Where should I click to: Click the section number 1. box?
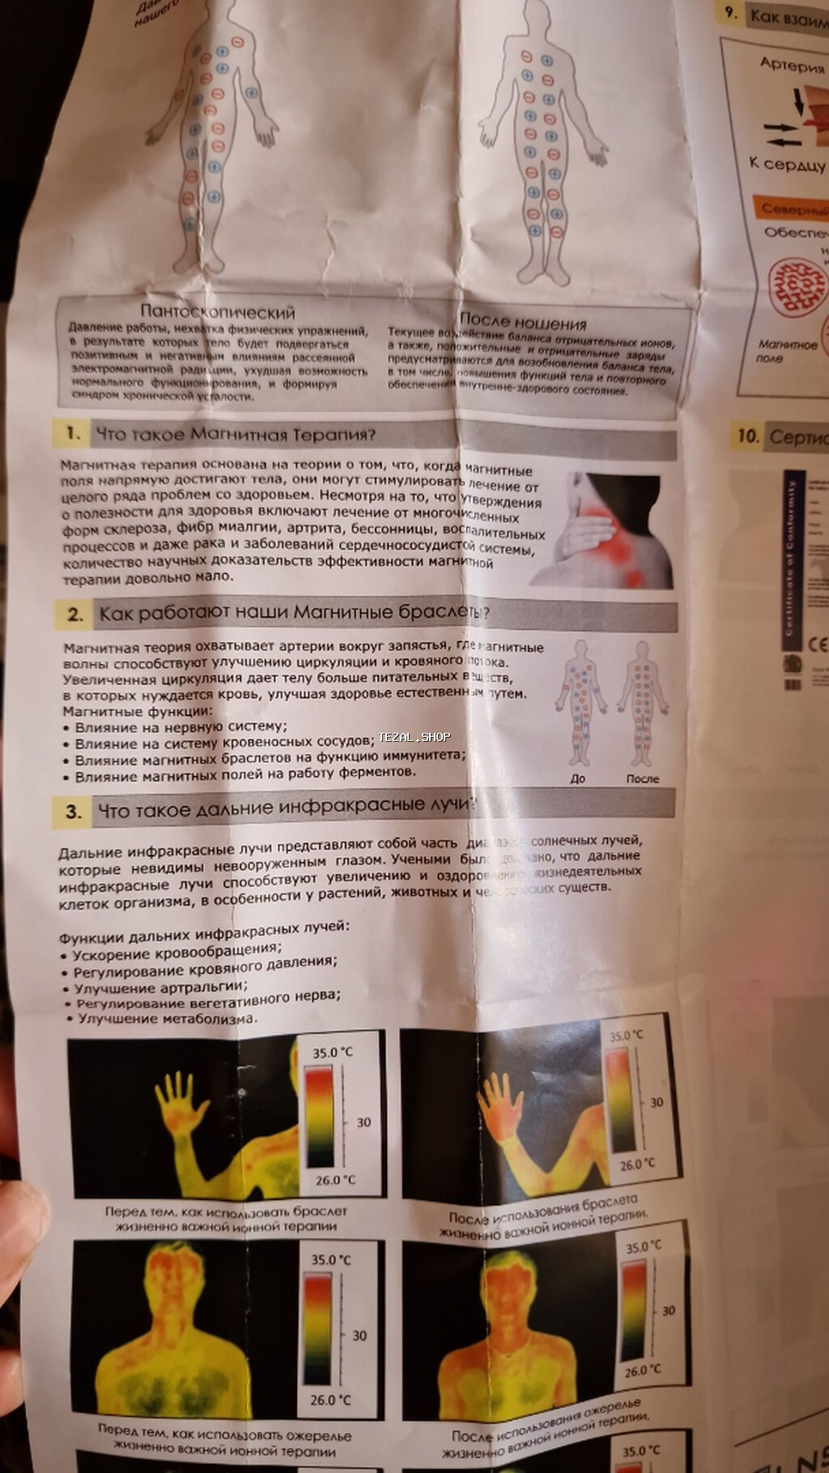click(x=73, y=433)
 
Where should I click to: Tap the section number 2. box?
click(x=75, y=615)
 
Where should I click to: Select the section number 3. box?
click(x=74, y=811)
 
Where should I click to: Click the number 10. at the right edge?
click(x=746, y=436)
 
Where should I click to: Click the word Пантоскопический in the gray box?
click(x=218, y=312)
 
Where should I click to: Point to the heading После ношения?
click(x=523, y=321)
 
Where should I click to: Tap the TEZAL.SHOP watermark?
click(x=414, y=737)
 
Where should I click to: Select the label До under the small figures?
click(x=578, y=778)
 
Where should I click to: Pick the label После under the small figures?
click(x=643, y=778)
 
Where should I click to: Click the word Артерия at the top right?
click(x=792, y=65)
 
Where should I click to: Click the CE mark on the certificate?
click(x=818, y=645)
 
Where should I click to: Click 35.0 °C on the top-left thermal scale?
click(x=333, y=1053)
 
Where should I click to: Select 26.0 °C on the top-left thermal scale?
click(x=335, y=1180)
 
